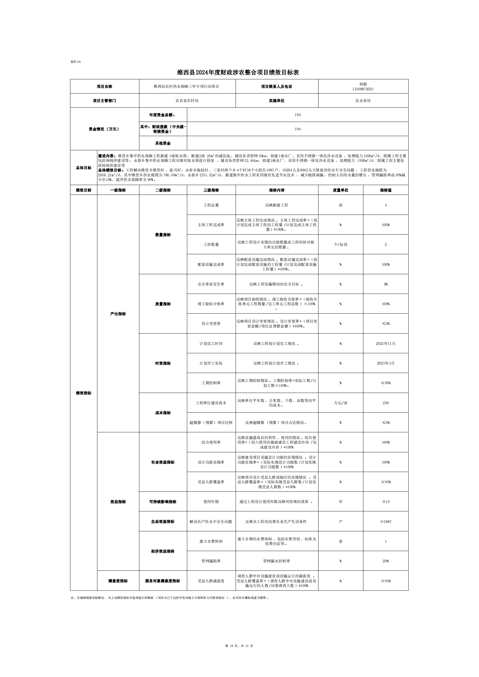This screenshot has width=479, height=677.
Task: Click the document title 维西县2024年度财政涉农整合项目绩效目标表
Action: coord(238,72)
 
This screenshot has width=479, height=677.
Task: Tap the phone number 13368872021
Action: coord(363,89)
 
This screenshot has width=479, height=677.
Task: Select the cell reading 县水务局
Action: coord(363,100)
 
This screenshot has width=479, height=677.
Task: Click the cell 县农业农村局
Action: coord(187,100)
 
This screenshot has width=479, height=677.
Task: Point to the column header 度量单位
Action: coord(340,190)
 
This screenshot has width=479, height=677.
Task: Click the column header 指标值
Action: coord(385,190)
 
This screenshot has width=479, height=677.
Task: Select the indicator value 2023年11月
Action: coord(385,343)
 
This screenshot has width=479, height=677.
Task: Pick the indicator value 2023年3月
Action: coord(385,363)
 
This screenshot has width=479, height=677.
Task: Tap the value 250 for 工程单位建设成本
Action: coord(385,403)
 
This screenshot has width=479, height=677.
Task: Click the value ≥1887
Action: coord(385,522)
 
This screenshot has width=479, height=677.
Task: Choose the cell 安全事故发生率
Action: coord(211,284)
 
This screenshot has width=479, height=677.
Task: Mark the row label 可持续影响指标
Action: coord(163,502)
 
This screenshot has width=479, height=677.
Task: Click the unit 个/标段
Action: coord(340,244)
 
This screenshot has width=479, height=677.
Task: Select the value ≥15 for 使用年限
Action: coord(385,502)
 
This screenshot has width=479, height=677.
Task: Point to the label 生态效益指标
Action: coord(163,522)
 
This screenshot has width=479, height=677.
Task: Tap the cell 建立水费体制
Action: coord(211,541)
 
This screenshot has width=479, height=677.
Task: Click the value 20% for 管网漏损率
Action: coord(385,561)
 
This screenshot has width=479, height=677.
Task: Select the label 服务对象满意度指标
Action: coord(163,581)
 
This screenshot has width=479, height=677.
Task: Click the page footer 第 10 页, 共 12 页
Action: coord(239,646)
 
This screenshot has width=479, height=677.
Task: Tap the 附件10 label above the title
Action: coord(76,62)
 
